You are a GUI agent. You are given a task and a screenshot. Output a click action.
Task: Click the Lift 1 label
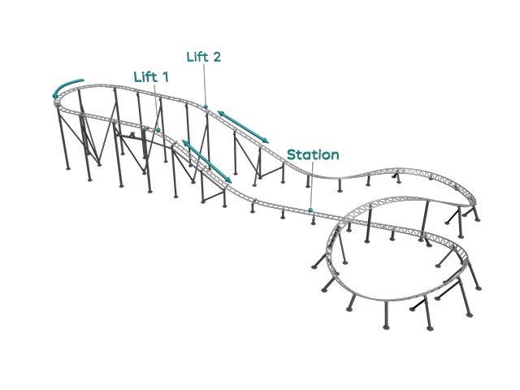[151, 77]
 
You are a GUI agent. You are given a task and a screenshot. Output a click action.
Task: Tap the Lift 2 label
[204, 57]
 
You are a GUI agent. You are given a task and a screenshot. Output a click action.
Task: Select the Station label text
[313, 155]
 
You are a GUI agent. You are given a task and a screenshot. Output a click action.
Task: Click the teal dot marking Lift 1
[158, 130]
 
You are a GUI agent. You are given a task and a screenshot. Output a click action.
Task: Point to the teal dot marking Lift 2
[206, 106]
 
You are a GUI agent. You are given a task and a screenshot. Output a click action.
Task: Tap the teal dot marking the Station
[310, 210]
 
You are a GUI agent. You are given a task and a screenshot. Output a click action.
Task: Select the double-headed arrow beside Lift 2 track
[243, 127]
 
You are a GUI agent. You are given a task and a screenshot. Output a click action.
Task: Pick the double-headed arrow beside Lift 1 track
[207, 162]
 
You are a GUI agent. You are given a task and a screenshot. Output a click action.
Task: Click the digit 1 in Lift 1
[165, 77]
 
